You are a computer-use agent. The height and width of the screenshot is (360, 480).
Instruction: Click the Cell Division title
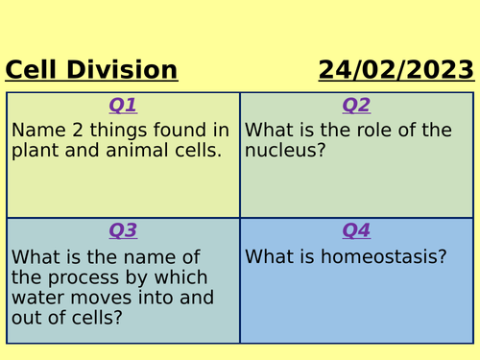click(x=91, y=70)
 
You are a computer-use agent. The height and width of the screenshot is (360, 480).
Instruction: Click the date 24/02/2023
click(x=396, y=70)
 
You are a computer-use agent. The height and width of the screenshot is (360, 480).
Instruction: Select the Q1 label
click(x=123, y=105)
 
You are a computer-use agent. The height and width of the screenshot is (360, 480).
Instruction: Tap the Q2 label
click(x=356, y=105)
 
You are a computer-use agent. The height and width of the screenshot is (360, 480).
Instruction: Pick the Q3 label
click(x=123, y=230)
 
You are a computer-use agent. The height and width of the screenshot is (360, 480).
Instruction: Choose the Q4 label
click(x=356, y=230)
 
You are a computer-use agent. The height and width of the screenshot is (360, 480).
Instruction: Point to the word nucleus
click(x=281, y=151)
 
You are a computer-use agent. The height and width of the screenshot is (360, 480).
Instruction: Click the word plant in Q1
click(x=36, y=151)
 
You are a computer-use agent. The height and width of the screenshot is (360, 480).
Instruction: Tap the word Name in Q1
click(x=38, y=131)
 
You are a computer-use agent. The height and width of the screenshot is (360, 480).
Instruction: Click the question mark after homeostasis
click(x=443, y=257)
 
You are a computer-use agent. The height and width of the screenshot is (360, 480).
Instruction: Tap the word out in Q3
click(x=27, y=319)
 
